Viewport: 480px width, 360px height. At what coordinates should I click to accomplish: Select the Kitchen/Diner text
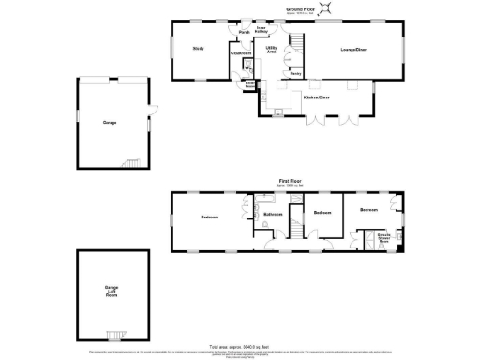click(x=316, y=97)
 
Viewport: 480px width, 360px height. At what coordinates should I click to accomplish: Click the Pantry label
click(x=294, y=72)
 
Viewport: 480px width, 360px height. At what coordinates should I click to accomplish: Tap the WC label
click(x=247, y=68)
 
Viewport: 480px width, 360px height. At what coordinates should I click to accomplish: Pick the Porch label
click(x=244, y=32)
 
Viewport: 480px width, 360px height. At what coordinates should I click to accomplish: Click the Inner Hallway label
click(x=262, y=32)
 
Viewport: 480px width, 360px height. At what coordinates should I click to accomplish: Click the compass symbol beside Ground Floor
click(x=325, y=8)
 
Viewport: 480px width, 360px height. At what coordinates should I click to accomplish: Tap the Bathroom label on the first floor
click(x=273, y=215)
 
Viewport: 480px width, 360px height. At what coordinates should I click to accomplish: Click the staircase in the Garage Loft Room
click(x=117, y=334)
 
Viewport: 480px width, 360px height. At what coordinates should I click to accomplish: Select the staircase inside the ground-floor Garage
click(x=131, y=162)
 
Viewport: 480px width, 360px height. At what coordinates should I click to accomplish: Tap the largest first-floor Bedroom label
click(x=210, y=217)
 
